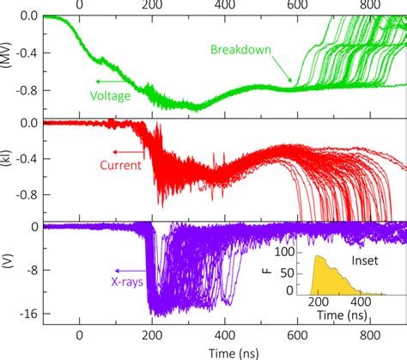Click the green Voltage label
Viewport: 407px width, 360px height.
[110, 95]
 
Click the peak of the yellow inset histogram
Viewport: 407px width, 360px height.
[319, 256]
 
